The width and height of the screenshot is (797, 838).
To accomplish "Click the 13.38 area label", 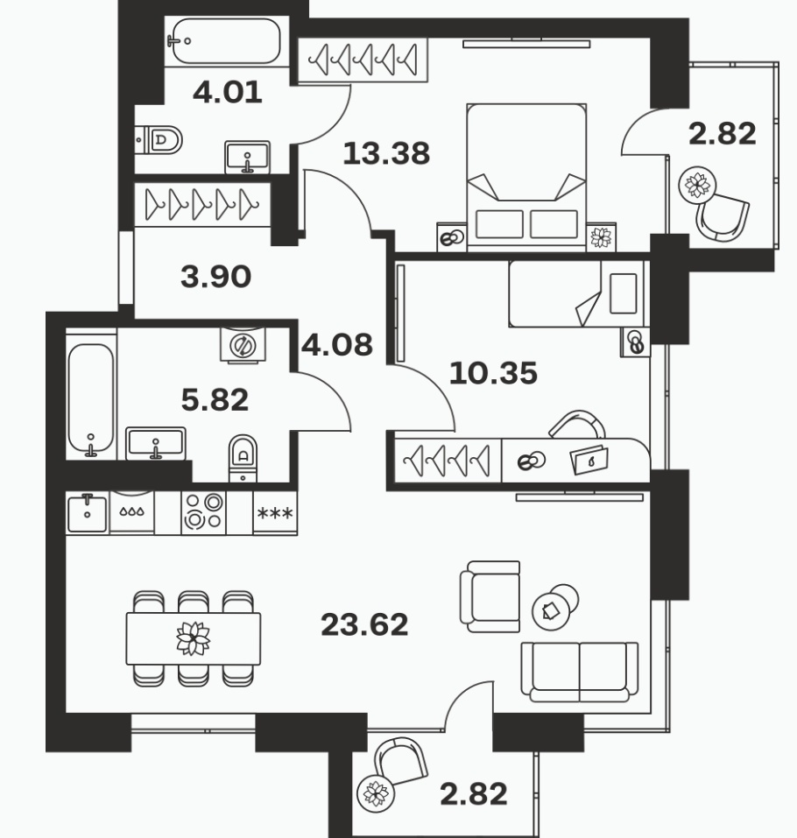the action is coord(386,153).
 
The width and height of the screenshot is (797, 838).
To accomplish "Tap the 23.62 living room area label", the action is coord(364,624).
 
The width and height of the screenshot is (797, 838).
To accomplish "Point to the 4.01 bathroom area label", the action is coord(227,92).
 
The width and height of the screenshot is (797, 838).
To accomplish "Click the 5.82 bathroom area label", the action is coord(215,400).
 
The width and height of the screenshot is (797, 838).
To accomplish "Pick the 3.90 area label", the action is coord(216,277).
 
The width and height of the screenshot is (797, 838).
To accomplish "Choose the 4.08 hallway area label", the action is coord(337,345).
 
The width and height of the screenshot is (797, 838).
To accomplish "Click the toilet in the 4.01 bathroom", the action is coord(159,140).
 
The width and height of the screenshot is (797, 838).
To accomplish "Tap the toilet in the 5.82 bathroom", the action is coord(243,458).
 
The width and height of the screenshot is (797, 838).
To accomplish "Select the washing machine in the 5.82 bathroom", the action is coord(243,345).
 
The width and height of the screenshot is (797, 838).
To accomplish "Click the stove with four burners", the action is coord(204,512).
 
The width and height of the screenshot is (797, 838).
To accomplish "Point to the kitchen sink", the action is coord(88,512).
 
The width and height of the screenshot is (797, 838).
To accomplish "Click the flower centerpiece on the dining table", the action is coord(193,638).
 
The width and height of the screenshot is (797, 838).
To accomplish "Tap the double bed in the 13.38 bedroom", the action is coord(526,177).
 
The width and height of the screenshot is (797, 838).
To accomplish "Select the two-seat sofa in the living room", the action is coord(580,672).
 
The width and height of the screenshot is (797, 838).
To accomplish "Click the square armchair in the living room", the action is coord(490,596).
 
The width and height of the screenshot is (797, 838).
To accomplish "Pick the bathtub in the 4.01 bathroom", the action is coord(226,42).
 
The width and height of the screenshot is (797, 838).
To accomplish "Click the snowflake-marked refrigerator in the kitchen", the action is coord(275,512).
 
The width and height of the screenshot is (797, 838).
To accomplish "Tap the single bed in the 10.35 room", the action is coord(576,293).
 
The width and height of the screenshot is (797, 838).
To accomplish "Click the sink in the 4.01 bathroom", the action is coord(247,157).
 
